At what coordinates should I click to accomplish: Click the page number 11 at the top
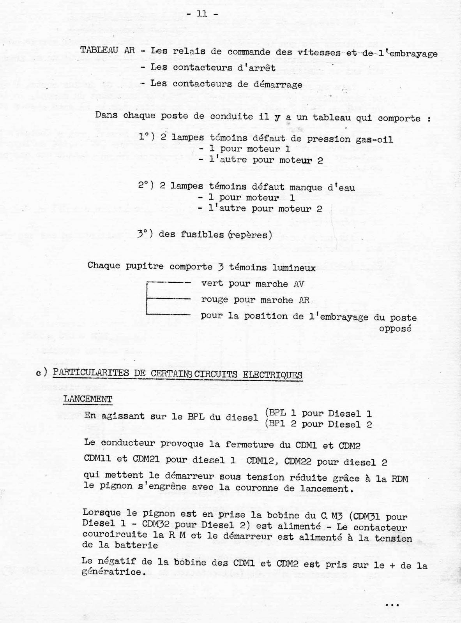(202, 14)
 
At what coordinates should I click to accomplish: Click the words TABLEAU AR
(108, 51)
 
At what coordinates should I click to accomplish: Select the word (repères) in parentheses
(251, 235)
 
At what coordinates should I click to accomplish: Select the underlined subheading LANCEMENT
(88, 399)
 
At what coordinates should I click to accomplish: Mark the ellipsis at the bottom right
(391, 605)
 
